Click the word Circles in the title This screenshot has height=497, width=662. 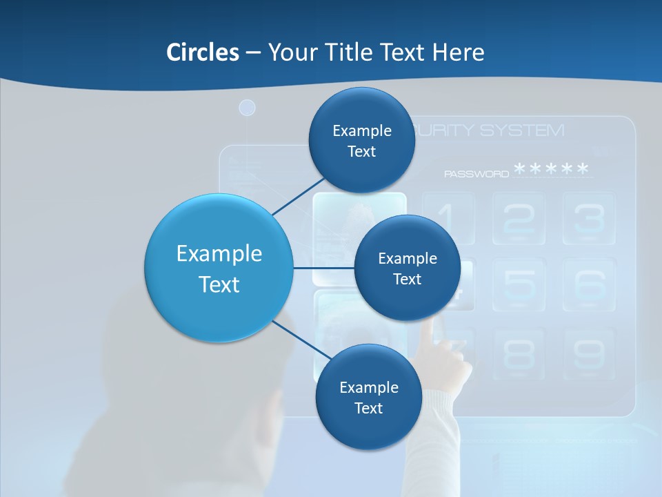203,52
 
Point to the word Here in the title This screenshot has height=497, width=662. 458,52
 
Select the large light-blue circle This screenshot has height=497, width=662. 219,268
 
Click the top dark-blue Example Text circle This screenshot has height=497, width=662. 361,140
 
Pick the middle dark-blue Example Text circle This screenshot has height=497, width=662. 407,268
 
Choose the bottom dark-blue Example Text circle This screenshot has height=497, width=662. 368,397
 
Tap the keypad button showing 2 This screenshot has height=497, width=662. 519,218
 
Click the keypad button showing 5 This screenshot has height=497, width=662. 519,284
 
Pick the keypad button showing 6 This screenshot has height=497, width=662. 589,284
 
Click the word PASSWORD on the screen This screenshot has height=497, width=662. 477,174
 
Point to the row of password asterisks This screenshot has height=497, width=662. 552,169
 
